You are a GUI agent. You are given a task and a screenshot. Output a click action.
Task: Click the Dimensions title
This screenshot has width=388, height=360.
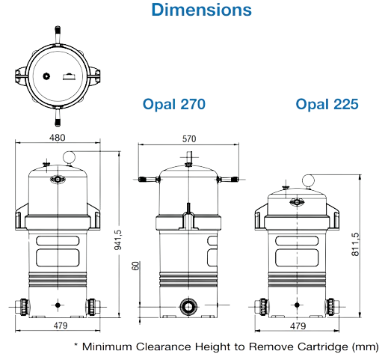201,10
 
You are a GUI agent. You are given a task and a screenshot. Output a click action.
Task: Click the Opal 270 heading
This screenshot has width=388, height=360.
174,104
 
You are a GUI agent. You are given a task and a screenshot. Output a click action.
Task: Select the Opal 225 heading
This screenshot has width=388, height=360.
327,104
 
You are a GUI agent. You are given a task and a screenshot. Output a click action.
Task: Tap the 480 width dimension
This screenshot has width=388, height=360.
57,138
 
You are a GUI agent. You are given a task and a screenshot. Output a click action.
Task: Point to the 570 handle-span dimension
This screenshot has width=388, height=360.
189,138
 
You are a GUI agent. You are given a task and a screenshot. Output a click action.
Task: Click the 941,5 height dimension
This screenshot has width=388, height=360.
118,240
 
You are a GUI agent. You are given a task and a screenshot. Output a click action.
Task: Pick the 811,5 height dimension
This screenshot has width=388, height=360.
355,244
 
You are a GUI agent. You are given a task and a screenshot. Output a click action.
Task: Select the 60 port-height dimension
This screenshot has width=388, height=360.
135,266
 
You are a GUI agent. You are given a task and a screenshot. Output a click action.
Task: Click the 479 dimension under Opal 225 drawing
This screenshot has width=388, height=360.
298,326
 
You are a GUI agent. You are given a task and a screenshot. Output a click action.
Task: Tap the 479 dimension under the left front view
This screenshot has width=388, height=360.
61,326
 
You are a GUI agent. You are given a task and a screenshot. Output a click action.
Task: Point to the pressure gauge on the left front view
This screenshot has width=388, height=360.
69,157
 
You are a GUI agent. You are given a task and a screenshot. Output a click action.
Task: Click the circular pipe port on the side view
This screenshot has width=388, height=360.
188,306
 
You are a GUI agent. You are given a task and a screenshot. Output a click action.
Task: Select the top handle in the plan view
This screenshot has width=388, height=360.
58,36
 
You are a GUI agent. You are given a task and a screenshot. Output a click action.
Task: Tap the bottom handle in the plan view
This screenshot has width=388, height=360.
58,116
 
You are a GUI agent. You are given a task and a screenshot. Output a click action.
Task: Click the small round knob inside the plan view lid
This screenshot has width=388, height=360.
46,76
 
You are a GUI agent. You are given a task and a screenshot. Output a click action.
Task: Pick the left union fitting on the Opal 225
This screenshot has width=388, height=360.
262,307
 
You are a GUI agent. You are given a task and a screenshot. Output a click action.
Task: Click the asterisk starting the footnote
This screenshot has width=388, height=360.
76,345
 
